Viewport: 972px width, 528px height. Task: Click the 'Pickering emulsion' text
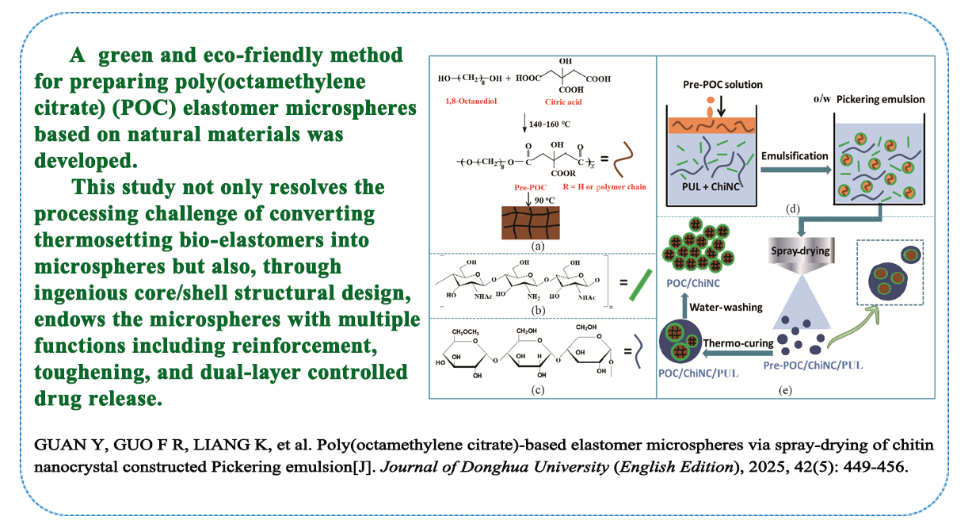click(902, 100)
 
